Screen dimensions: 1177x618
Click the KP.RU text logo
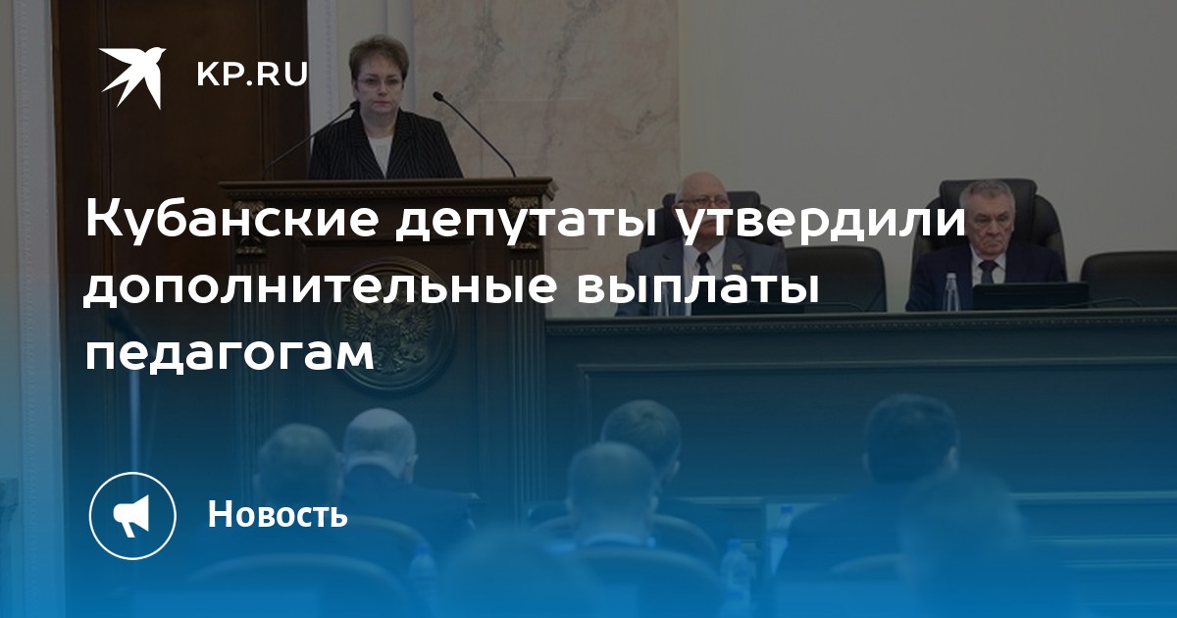[252, 75]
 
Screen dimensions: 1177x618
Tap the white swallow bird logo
[133, 77]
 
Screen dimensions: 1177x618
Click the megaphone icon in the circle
[131, 515]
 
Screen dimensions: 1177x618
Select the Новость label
[278, 514]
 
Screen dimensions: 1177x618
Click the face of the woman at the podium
[378, 85]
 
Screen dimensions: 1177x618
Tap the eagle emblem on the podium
[388, 326]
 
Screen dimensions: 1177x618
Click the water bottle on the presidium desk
[951, 290]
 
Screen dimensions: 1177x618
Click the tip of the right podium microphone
[436, 95]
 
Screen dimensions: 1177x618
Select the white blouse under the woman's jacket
[381, 151]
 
